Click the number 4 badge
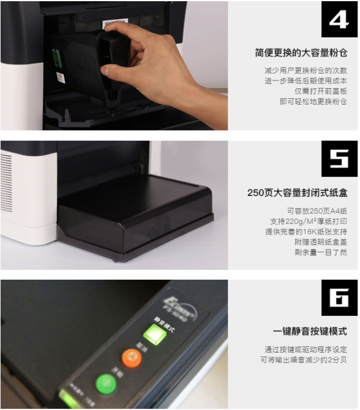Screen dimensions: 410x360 [x=339, y=20]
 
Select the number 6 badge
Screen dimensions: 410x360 [x=339, y=297]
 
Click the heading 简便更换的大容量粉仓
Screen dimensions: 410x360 [x=301, y=53]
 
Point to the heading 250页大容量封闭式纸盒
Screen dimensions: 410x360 [x=297, y=193]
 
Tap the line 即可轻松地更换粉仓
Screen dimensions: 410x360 [x=313, y=102]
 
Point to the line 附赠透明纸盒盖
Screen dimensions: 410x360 [x=321, y=242]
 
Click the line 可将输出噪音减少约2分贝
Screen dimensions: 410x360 [x=303, y=360]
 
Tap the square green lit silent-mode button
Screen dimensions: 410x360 [x=153, y=333]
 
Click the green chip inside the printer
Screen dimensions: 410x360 [x=56, y=58]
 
